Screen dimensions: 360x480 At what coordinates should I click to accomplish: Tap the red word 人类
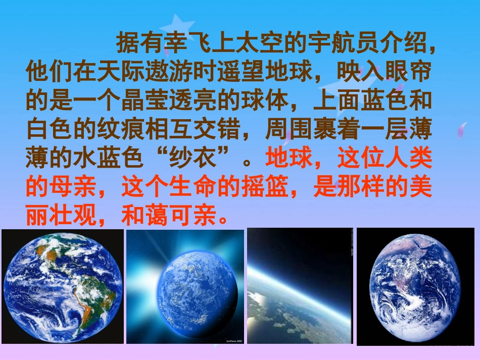[x=409, y=159]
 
